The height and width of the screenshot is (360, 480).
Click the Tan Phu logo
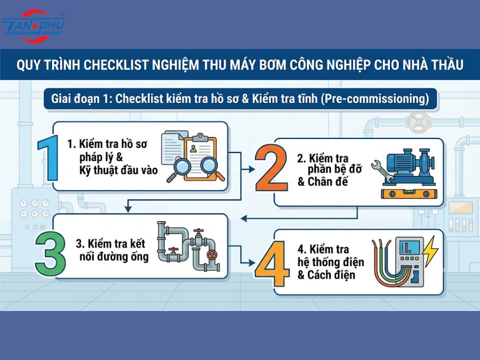pos(33,26)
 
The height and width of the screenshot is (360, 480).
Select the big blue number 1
pos(48,157)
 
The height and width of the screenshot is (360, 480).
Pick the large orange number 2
pos(271,168)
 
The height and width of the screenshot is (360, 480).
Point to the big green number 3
pos(50,254)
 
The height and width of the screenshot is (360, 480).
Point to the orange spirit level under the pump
pos(409,193)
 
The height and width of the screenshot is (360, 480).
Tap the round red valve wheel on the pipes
pos(211,254)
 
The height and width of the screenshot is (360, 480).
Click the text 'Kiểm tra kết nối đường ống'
pos(112,250)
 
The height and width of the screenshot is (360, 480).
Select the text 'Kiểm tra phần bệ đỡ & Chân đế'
pos(329,170)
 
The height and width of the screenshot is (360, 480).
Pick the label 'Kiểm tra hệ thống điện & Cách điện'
pos(330,262)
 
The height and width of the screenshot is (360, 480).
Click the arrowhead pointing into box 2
pos(252,169)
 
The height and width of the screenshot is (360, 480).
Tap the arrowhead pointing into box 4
pos(252,262)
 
